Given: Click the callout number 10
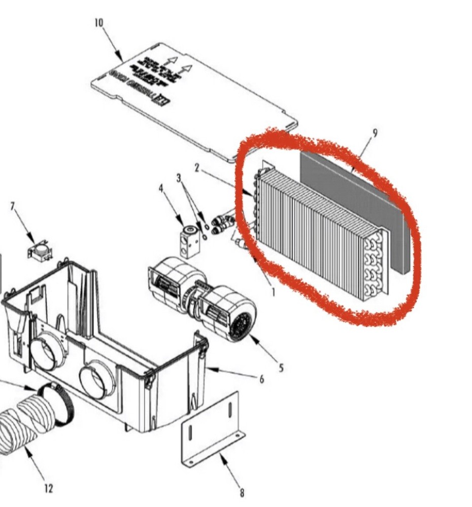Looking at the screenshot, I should [98, 23].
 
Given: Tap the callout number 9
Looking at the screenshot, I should [375, 133].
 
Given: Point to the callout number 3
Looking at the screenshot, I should [179, 178].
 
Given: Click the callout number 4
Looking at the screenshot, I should [161, 189].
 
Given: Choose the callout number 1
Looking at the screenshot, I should [273, 292].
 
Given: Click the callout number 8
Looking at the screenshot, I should [242, 492].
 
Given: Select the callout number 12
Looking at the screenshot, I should [48, 488].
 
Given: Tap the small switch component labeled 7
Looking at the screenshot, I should [39, 251].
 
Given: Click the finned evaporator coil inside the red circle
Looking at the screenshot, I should [315, 233].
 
